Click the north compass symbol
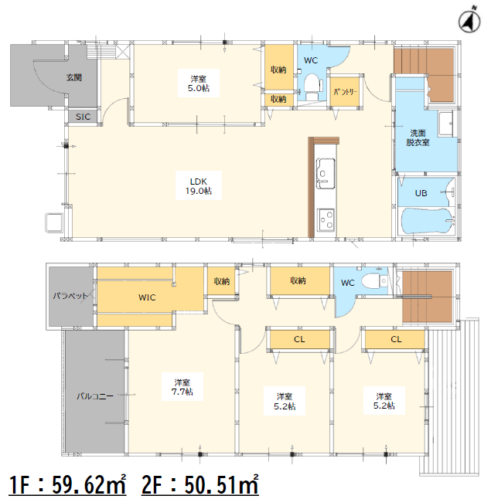pos(469,20)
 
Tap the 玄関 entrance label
pos(74,77)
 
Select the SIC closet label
pos(83,117)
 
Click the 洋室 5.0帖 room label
pos(199,83)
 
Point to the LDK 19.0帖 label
pos(199,186)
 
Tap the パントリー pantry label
pos(346,92)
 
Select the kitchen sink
pos(326,174)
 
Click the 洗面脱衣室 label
pos(418,137)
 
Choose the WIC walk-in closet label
pos(147,297)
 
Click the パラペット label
pos(70,296)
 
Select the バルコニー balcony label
pos(95,396)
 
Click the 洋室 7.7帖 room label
pos(182,387)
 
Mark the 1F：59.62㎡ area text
pos(67,484)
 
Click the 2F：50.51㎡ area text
pos(199,484)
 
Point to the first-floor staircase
pos(424,75)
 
